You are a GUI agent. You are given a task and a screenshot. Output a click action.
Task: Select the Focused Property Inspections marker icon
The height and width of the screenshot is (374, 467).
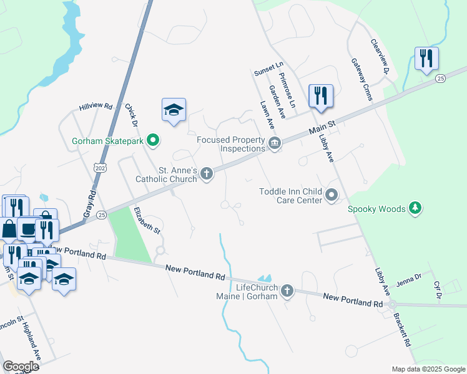pyautogui.click(x=274, y=145)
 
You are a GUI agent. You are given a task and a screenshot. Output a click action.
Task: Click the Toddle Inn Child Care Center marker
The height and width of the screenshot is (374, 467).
pyautogui.click(x=332, y=196)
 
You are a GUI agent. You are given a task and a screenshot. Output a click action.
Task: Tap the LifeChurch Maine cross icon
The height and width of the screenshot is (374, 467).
pyautogui.click(x=287, y=291)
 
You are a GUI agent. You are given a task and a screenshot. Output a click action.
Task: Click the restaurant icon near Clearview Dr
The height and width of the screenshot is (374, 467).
pyautogui.click(x=426, y=59)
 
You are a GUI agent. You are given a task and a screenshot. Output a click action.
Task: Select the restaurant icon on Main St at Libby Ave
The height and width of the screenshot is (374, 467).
pyautogui.click(x=320, y=96)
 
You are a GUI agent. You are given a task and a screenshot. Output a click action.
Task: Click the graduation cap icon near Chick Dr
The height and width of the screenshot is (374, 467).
pyautogui.click(x=174, y=110)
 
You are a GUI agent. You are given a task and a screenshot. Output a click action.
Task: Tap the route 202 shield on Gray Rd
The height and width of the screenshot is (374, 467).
pyautogui.click(x=101, y=168)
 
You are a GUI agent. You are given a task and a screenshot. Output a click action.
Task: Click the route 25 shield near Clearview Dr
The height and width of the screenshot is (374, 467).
pyautogui.click(x=441, y=78)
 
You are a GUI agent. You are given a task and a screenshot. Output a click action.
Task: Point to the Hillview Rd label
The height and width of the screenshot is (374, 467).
pyautogui.click(x=95, y=107)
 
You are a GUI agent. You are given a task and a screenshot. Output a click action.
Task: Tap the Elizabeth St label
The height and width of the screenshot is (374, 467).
pyautogui.click(x=147, y=221)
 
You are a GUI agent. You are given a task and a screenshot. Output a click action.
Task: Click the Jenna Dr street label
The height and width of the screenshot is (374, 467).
pyautogui.click(x=410, y=277)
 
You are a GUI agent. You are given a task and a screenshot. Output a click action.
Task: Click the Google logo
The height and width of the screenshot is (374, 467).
pyautogui.click(x=21, y=367)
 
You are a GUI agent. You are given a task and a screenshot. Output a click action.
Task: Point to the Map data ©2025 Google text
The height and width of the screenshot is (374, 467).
pyautogui.click(x=427, y=369)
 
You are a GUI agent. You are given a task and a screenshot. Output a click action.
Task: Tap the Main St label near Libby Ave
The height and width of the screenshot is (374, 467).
pyautogui.click(x=323, y=128)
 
